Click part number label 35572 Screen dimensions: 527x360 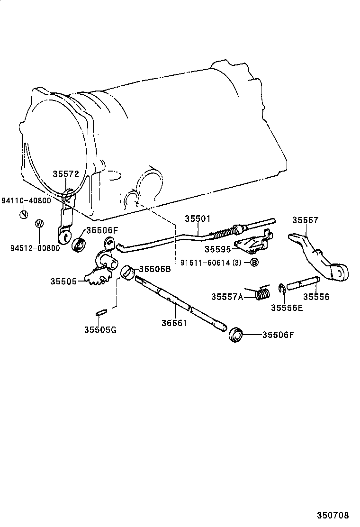[65, 174]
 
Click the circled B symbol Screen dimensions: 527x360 [254, 262]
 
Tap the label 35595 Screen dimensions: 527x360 [218, 248]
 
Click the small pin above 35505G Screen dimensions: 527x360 [101, 312]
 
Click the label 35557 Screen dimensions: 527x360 [305, 220]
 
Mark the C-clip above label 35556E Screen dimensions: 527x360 [281, 288]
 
